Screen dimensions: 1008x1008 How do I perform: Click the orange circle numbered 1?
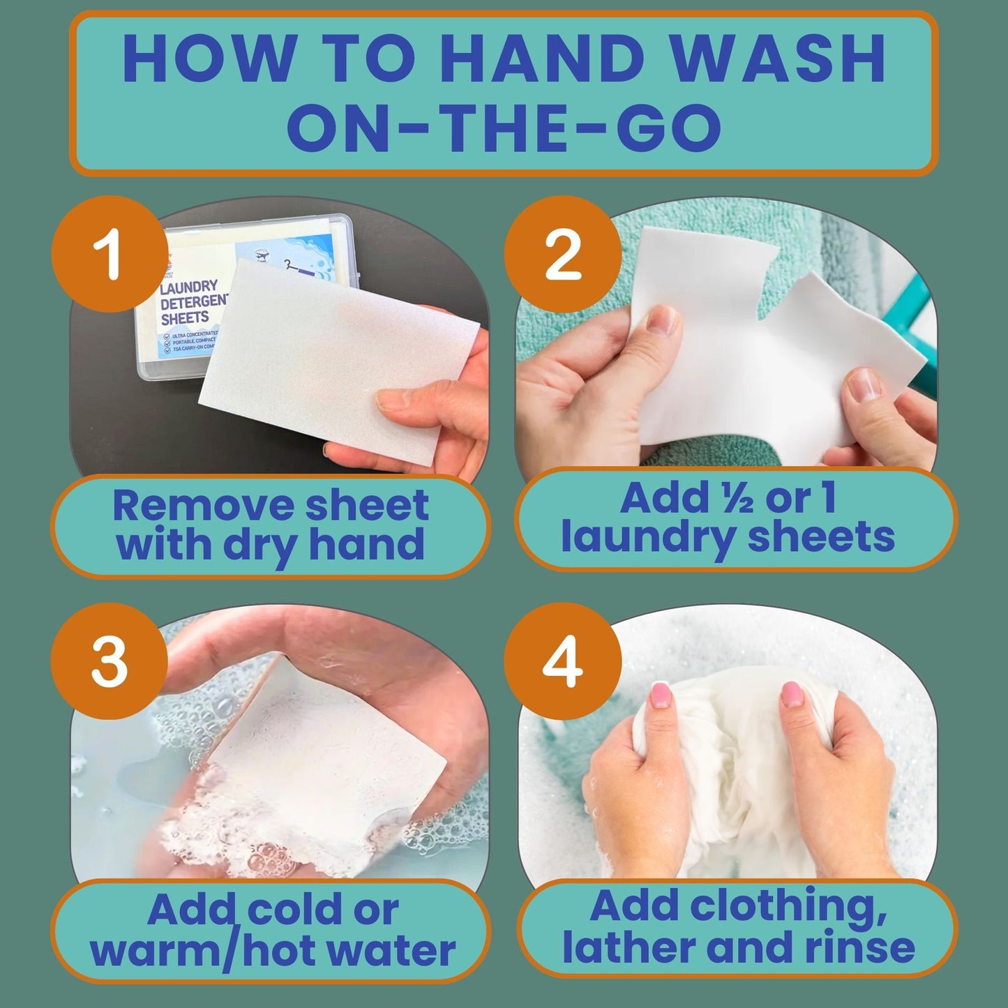point(111,254)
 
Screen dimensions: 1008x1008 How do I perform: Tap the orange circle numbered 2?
point(562,254)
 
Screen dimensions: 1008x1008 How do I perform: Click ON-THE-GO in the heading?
point(504,128)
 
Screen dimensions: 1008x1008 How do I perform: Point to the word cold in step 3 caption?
point(293,910)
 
